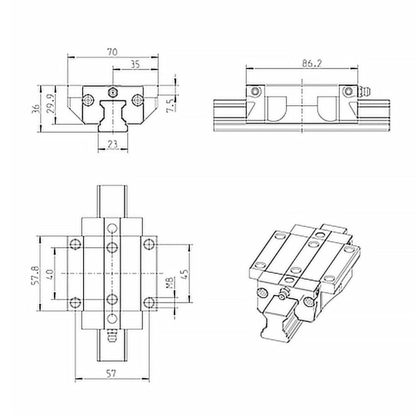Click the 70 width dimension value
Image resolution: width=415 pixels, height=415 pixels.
tap(112, 52)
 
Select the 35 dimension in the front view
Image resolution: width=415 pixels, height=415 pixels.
tap(135, 64)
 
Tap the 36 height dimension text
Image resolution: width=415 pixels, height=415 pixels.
tap(36, 108)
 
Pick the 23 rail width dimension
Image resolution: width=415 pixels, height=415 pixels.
tap(112, 144)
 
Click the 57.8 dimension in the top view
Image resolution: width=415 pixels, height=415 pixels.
tap(36, 274)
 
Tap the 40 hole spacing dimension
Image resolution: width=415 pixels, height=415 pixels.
tap(50, 274)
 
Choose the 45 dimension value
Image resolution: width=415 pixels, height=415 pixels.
tap(185, 274)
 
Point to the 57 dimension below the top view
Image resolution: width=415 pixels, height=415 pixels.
tap(111, 373)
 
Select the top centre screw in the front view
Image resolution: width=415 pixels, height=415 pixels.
tap(112, 91)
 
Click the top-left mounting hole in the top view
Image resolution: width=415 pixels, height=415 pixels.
tap(75, 244)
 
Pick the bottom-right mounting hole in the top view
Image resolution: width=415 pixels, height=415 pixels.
tap(149, 303)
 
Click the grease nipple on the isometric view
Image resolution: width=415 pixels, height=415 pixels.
tap(283, 295)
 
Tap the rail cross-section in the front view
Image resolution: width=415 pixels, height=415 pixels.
tap(112, 116)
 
